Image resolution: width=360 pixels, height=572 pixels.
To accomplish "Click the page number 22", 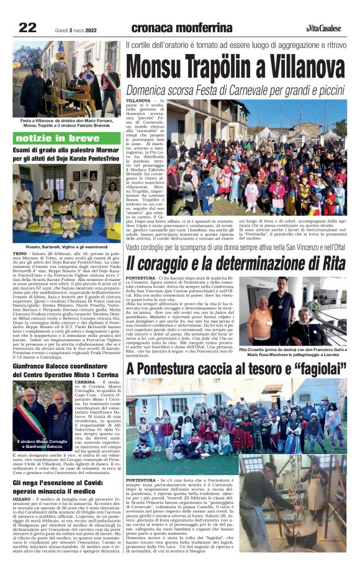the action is (27, 27).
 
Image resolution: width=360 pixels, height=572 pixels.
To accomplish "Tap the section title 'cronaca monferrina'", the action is (182, 27).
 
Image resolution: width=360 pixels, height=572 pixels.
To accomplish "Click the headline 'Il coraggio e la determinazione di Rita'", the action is (236, 262).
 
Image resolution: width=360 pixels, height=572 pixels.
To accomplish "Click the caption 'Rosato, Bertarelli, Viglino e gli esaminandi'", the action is (66, 247).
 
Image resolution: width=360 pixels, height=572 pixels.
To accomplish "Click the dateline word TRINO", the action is (21, 254).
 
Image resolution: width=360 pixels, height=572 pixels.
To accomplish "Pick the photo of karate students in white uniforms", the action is (66, 203).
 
